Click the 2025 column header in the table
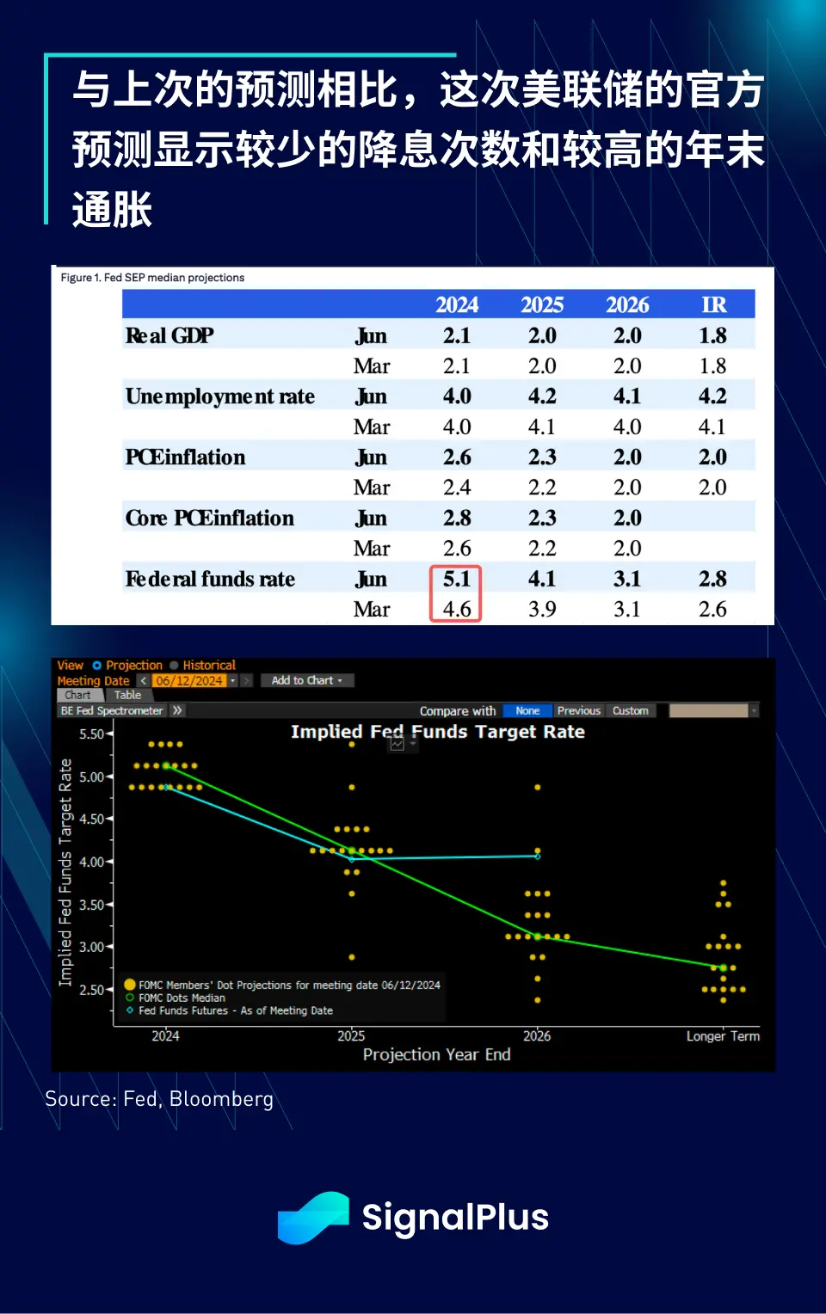pos(542,305)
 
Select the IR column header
pos(713,305)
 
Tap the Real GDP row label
pos(170,335)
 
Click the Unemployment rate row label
pos(220,396)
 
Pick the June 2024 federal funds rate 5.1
pos(456,579)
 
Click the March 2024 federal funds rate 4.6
pos(456,609)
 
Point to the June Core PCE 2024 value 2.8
pos(457,518)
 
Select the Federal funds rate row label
pos(210,579)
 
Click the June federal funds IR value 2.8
pos(712,579)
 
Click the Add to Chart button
pos(306,680)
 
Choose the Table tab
pos(127,695)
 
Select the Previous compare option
pos(578,710)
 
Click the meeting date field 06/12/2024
pos(189,680)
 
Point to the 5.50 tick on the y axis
pos(91,734)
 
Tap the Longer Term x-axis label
pos(723,1036)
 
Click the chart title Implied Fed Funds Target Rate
pos(437,732)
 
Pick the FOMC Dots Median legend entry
pos(182,998)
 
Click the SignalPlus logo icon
pos(313,1217)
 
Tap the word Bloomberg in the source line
pos(221,1099)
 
